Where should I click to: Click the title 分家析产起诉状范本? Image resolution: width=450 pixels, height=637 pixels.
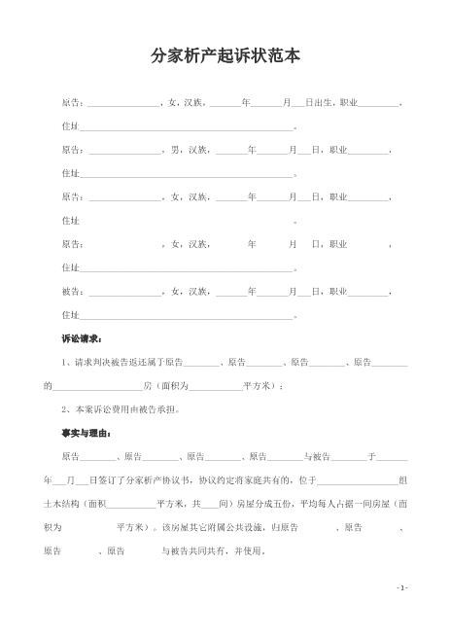click(x=225, y=57)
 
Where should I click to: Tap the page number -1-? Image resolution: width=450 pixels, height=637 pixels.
click(x=402, y=587)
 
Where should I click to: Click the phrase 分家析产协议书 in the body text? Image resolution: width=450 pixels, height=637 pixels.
click(x=159, y=479)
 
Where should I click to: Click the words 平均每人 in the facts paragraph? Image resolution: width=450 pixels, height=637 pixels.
click(x=298, y=504)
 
